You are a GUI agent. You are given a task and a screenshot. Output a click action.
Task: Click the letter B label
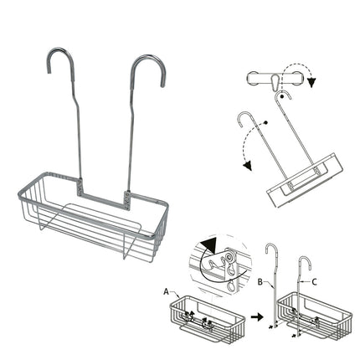click(261, 282)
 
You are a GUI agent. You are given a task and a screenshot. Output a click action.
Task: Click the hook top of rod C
click(305, 249)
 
